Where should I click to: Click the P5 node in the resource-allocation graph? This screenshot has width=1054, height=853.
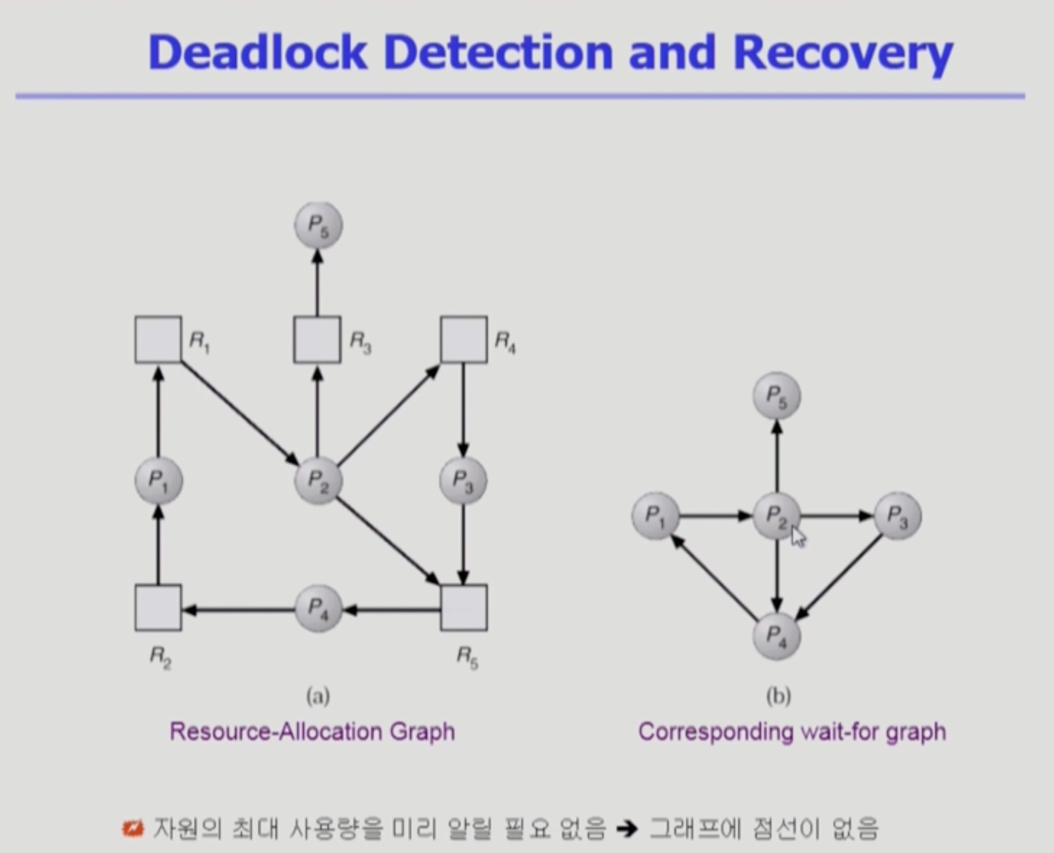[x=318, y=225]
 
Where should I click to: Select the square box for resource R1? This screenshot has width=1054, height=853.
[x=158, y=340]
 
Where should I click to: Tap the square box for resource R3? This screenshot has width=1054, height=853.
[x=317, y=340]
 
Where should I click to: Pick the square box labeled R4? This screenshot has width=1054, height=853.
[x=463, y=340]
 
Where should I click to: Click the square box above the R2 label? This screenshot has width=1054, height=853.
[x=158, y=608]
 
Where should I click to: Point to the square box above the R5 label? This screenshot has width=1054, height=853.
[x=463, y=608]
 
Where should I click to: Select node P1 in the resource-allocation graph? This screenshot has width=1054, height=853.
[x=159, y=480]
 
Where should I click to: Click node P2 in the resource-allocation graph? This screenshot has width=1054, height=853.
[x=318, y=480]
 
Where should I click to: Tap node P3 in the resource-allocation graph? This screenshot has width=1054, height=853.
[x=463, y=480]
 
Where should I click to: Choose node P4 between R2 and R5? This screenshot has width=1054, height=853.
[x=318, y=608]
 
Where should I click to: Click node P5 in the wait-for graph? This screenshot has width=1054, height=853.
[x=777, y=396]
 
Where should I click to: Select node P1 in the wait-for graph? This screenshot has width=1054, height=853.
[x=656, y=516]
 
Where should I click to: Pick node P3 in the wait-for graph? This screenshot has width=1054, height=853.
[x=898, y=516]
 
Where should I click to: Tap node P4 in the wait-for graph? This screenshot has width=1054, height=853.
[x=777, y=637]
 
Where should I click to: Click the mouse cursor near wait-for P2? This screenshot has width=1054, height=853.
[x=797, y=536]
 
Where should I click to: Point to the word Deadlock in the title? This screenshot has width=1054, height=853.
[x=257, y=52]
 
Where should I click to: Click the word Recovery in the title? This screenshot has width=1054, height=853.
[x=843, y=53]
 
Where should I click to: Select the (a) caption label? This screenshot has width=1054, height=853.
[x=318, y=696]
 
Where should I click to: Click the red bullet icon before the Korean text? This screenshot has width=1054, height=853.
[x=133, y=829]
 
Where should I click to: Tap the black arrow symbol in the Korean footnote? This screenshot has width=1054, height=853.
[x=627, y=829]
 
